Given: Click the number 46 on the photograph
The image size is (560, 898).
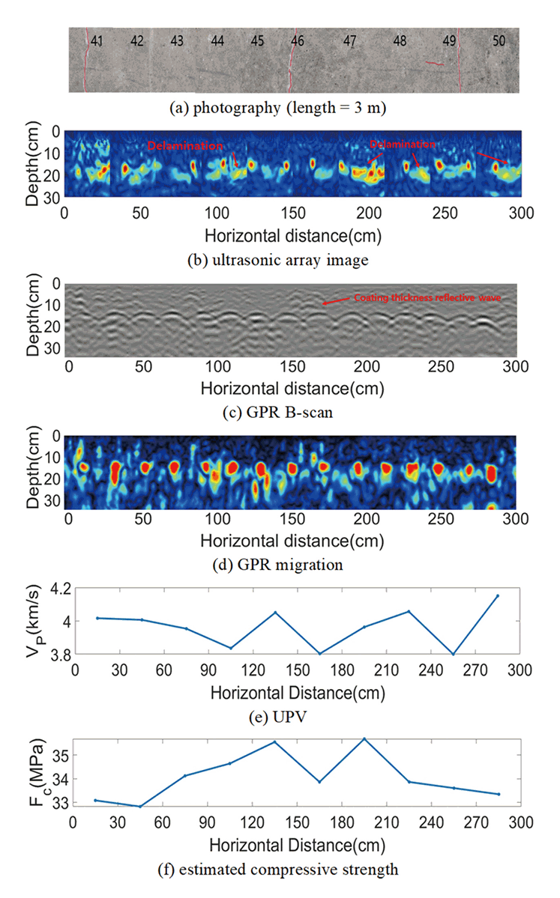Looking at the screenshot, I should pos(298,41).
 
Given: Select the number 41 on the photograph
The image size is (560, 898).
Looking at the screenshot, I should pos(97,41).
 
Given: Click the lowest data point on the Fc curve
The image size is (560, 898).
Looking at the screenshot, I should pos(118,807).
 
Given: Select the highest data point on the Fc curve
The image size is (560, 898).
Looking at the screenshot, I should pos(364,738).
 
